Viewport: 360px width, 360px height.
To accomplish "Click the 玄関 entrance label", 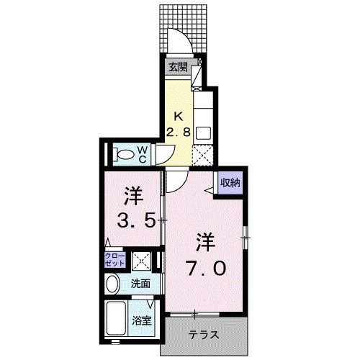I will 179,67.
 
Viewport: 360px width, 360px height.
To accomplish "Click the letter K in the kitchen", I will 180,117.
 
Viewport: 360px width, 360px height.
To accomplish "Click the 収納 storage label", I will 230,183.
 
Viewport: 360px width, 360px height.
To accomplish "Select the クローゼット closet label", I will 116,260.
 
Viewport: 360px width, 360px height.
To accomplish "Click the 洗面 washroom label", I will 140,284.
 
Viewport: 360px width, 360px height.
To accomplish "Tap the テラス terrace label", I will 205,336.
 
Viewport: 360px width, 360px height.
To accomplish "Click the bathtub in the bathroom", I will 116,318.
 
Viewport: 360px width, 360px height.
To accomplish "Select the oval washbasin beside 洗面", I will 112,284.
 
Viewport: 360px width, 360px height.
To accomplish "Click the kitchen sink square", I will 203,133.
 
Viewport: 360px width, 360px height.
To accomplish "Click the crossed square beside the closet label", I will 141,261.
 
